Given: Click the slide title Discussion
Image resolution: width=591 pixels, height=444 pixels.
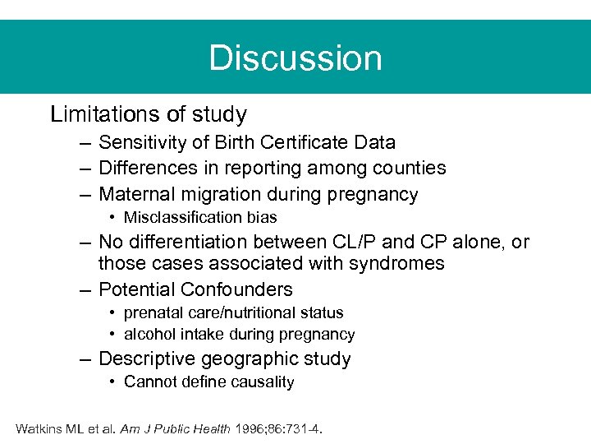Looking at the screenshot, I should [x=295, y=58].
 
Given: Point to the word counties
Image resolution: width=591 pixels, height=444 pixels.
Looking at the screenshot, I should [x=407, y=169].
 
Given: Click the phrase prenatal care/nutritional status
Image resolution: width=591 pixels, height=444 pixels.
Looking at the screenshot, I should [x=233, y=313].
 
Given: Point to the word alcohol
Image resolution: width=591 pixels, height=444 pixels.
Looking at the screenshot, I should [x=147, y=335].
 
